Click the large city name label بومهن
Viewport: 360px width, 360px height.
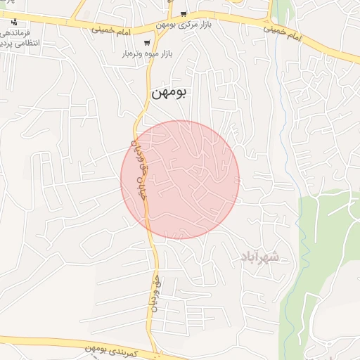coord(169,92)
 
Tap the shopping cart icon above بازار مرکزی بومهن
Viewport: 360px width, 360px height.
coord(184,13)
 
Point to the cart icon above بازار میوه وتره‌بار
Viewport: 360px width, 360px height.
coord(147,43)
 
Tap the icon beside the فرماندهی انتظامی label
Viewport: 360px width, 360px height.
coord(13,22)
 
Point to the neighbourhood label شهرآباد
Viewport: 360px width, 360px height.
coord(259,257)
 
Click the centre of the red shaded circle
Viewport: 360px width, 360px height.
coord(180,180)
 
